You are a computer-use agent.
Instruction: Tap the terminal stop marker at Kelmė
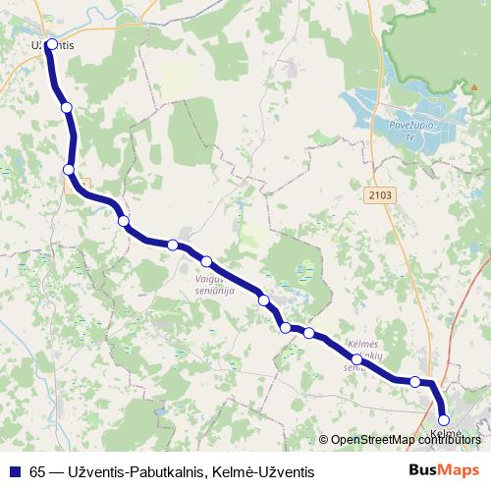pyautogui.click(x=444, y=419)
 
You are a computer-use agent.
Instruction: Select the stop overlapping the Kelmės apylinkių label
pyautogui.click(x=356, y=359)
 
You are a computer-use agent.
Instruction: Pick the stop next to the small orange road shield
pyautogui.click(x=69, y=170)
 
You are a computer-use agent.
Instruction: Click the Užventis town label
pyautogui.click(x=52, y=45)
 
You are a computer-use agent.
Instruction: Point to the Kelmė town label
pyautogui.click(x=445, y=432)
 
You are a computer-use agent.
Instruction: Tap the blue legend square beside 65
pyautogui.click(x=15, y=471)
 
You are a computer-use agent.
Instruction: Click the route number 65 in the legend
pyautogui.click(x=37, y=471)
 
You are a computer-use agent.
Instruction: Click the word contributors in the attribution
pyautogui.click(x=447, y=440)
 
